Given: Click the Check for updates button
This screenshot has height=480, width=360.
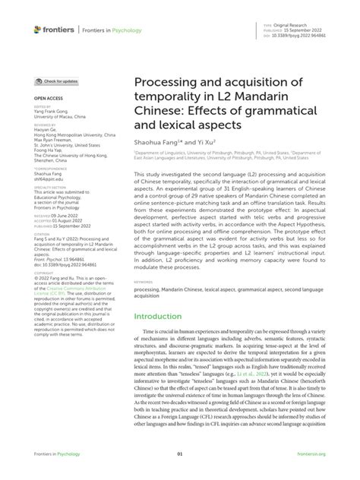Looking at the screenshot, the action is pos(57,81).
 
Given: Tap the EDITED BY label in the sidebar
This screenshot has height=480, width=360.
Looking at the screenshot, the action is pos(43,107).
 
